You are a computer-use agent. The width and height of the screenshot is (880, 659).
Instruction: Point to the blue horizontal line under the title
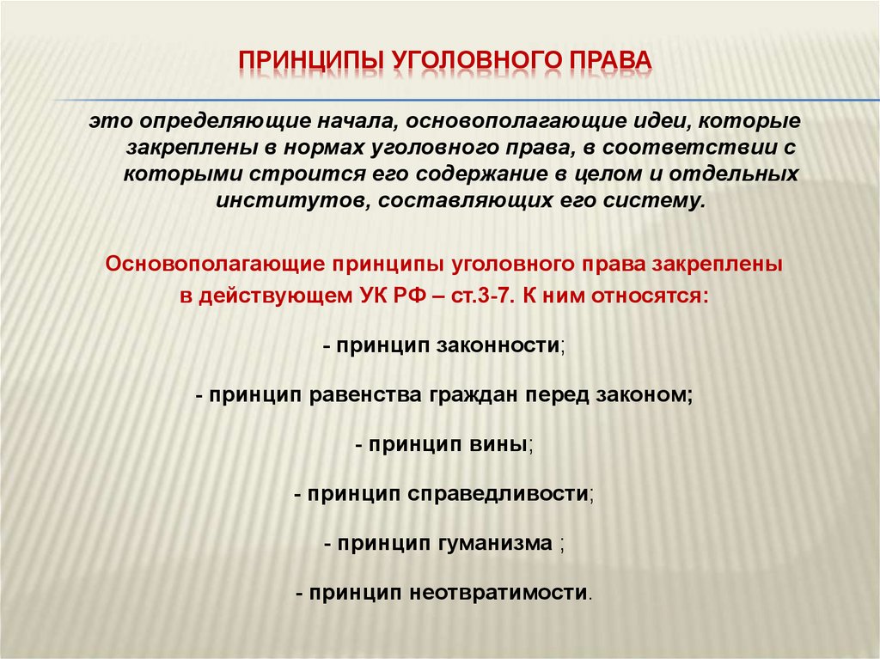click(467, 100)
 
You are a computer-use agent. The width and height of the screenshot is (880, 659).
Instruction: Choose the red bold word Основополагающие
click(215, 264)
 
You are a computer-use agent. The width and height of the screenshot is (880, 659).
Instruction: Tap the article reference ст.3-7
click(483, 296)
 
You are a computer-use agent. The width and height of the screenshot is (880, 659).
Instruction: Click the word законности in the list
click(499, 345)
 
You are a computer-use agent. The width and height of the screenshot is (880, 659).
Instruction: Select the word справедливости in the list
click(498, 495)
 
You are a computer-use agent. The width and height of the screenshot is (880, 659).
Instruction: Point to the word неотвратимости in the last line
click(498, 594)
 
